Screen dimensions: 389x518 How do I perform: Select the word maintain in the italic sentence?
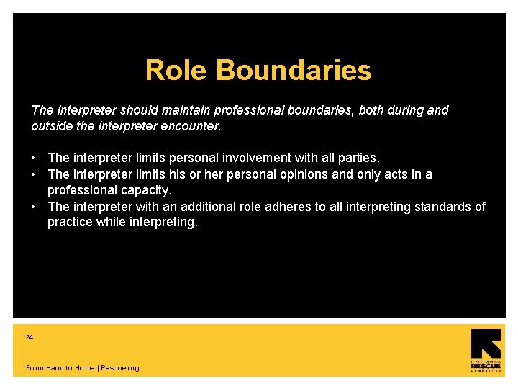click(196, 110)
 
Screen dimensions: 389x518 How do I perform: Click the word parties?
click(358, 158)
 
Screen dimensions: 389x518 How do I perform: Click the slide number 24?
click(29, 337)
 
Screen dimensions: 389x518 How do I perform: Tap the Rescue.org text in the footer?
click(120, 368)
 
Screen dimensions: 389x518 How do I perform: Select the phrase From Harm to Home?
click(60, 368)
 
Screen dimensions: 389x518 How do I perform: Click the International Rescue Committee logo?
click(486, 351)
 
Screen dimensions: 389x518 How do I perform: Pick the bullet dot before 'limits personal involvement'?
click(35, 158)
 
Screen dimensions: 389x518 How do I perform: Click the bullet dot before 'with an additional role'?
click(35, 207)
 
